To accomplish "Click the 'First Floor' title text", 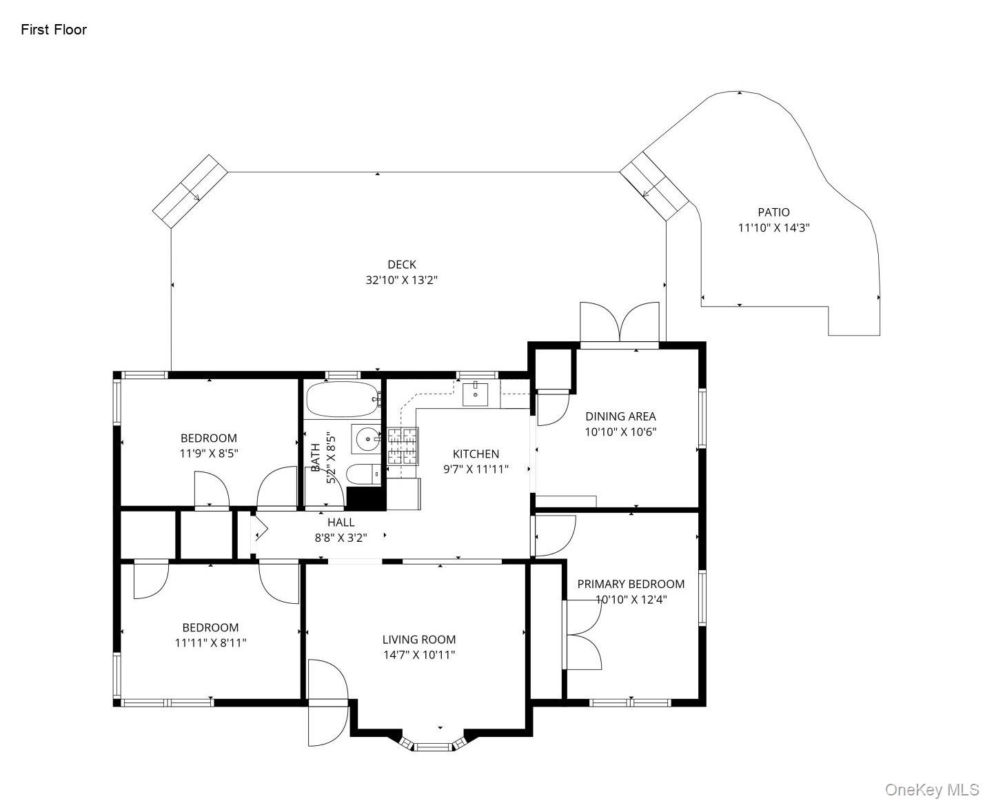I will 54,30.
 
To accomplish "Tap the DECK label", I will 401,264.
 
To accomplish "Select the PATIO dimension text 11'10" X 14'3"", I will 773,227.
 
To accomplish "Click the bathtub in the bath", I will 341,399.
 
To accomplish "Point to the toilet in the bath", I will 362,474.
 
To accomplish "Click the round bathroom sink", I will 367,438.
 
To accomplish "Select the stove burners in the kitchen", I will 403,445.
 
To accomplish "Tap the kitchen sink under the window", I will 475,394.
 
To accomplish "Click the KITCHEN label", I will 476,454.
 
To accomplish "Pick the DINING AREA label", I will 620,416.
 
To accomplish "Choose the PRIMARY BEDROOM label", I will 631,584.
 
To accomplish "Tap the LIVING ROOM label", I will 419,639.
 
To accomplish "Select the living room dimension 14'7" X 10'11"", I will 419,655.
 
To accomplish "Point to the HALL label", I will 341,523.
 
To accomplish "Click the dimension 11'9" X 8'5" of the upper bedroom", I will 209,454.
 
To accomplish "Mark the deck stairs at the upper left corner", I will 190,191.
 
